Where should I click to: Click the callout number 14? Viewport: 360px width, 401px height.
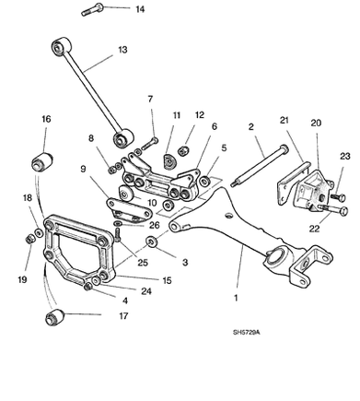pyautogui.click(x=140, y=9)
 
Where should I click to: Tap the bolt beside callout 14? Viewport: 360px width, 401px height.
pyautogui.click(x=92, y=9)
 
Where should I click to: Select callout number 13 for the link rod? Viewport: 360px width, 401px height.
pyautogui.click(x=122, y=50)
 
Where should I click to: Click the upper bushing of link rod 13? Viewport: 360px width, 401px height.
pyautogui.click(x=61, y=46)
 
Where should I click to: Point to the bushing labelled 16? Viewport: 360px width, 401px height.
pyautogui.click(x=42, y=160)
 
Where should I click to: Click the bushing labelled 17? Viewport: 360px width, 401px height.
pyautogui.click(x=54, y=317)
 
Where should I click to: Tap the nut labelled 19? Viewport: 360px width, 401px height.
pyautogui.click(x=30, y=239)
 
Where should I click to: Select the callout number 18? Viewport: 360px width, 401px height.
pyautogui.click(x=28, y=197)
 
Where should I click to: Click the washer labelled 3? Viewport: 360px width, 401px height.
pyautogui.click(x=151, y=242)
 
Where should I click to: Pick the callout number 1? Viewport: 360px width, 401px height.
pyautogui.click(x=236, y=298)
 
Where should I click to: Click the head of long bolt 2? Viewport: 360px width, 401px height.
pyautogui.click(x=285, y=149)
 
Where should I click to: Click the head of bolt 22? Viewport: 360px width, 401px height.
pyautogui.click(x=344, y=211)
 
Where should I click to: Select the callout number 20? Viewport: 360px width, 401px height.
pyautogui.click(x=316, y=123)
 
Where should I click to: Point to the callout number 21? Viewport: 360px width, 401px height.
pyautogui.click(x=285, y=120)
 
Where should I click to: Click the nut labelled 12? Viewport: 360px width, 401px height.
pyautogui.click(x=183, y=150)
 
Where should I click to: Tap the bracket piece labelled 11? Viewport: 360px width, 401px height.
pyautogui.click(x=168, y=161)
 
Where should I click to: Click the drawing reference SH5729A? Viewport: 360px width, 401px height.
pyautogui.click(x=246, y=332)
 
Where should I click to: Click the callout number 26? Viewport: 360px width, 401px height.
pyautogui.click(x=155, y=225)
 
